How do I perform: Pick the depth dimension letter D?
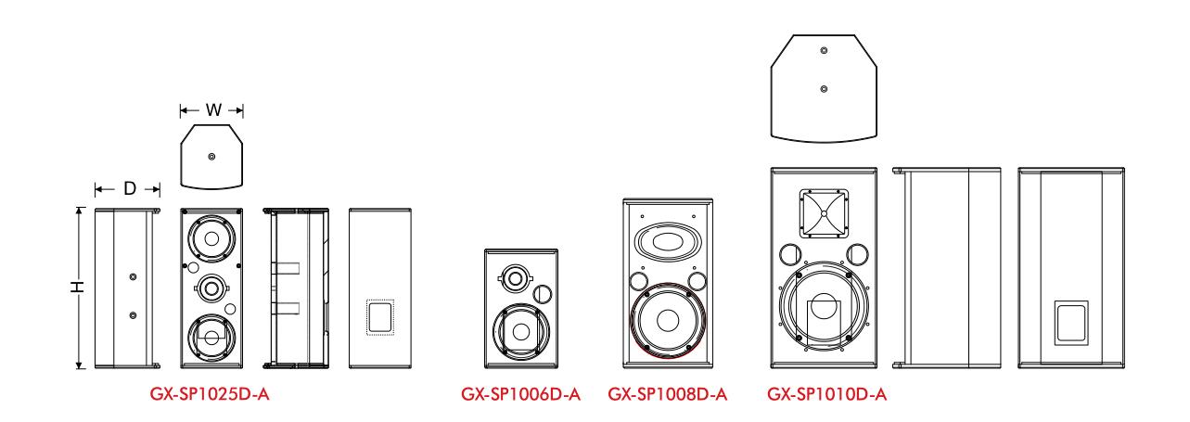(129, 189)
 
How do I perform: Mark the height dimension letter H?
(81, 288)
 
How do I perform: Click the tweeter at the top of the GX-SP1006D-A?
(514, 275)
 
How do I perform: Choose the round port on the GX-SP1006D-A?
(545, 295)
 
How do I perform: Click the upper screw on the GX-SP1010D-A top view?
(824, 51)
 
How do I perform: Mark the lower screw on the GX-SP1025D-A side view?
(133, 315)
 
